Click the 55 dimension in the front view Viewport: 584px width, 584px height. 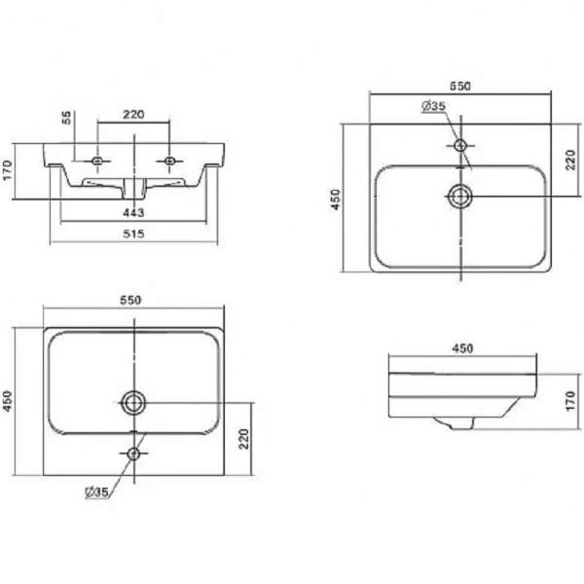[x=66, y=118]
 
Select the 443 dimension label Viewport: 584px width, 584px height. [x=133, y=212]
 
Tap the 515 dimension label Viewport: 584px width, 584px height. [x=133, y=234]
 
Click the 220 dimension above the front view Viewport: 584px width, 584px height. [x=133, y=114]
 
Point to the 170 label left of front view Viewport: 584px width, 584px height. [x=8, y=170]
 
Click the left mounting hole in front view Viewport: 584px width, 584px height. [x=97, y=161]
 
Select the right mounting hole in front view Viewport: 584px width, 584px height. [x=169, y=161]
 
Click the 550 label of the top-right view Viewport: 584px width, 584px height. [x=460, y=86]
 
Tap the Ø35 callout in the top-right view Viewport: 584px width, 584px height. [x=434, y=106]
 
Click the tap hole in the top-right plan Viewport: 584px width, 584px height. [x=460, y=145]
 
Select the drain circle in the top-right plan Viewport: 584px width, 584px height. [x=460, y=197]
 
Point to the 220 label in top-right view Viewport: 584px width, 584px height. [x=570, y=160]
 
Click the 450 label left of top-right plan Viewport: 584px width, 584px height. [x=336, y=200]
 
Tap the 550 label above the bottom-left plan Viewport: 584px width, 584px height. [x=130, y=300]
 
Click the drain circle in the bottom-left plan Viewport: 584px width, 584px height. [x=133, y=403]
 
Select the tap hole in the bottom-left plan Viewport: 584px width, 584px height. [x=133, y=454]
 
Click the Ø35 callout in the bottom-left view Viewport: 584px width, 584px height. [x=96, y=493]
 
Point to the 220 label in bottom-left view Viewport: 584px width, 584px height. [x=243, y=439]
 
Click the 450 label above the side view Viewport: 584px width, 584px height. [x=462, y=348]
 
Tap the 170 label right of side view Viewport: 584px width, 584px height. [x=570, y=401]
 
